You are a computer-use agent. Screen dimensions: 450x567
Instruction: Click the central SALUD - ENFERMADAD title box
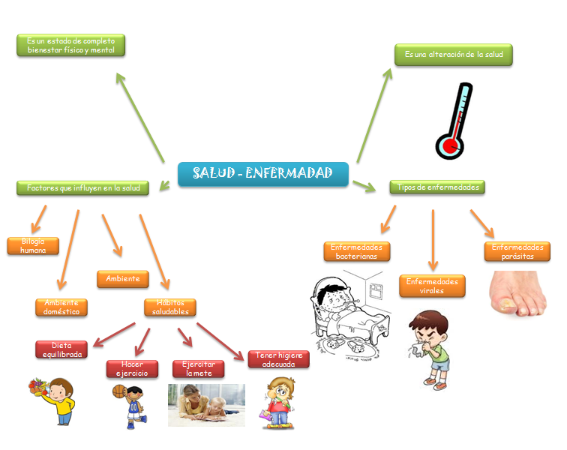click(x=263, y=174)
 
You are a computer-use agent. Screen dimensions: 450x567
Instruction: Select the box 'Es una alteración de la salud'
click(x=453, y=55)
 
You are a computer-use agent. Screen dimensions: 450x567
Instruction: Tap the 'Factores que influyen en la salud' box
click(x=82, y=187)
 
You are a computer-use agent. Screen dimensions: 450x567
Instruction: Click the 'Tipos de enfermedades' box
click(x=436, y=187)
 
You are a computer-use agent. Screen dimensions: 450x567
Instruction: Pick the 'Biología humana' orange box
click(x=33, y=246)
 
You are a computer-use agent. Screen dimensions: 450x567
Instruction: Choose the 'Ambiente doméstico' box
click(x=61, y=307)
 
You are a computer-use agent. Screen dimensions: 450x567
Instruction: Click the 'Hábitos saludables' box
click(x=170, y=307)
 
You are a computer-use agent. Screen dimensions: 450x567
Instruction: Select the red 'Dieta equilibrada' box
click(x=61, y=349)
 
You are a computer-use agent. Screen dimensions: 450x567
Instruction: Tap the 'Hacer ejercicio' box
click(x=132, y=368)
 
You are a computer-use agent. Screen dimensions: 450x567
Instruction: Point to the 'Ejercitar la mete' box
click(x=199, y=368)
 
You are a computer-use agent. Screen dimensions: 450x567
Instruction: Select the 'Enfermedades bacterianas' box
click(x=357, y=251)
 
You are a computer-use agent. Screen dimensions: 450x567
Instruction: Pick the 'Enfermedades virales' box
click(x=432, y=286)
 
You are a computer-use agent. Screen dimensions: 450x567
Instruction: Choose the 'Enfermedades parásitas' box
click(x=517, y=251)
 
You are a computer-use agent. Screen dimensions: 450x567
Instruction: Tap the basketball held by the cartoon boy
click(x=118, y=391)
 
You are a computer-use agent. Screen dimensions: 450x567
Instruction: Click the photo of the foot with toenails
click(x=518, y=294)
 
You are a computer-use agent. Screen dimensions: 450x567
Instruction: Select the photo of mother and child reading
click(x=206, y=405)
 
